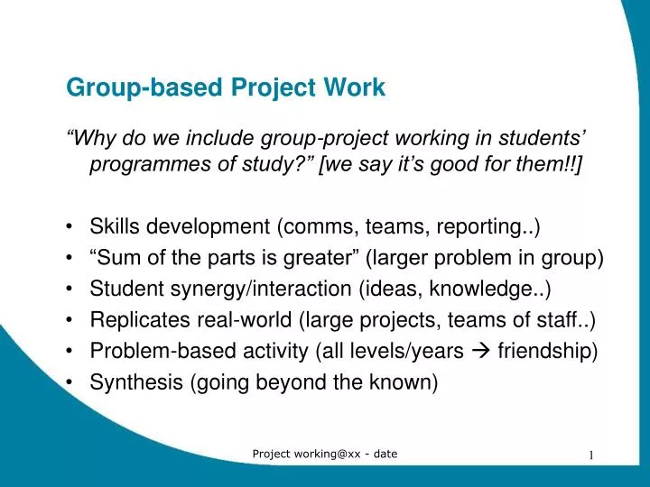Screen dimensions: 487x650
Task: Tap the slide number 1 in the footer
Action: [591, 455]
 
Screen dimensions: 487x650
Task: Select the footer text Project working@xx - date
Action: [325, 454]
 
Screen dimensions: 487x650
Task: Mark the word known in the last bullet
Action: [405, 381]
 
